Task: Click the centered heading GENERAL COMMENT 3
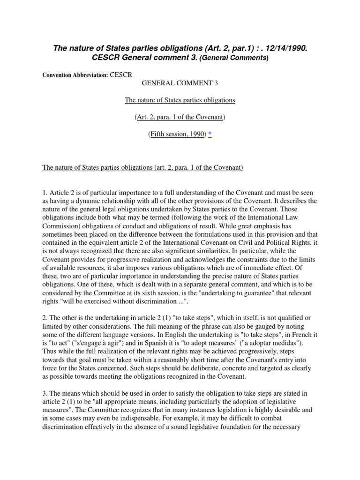180,83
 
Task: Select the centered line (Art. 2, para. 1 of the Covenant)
180,117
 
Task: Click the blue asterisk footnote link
210,134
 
